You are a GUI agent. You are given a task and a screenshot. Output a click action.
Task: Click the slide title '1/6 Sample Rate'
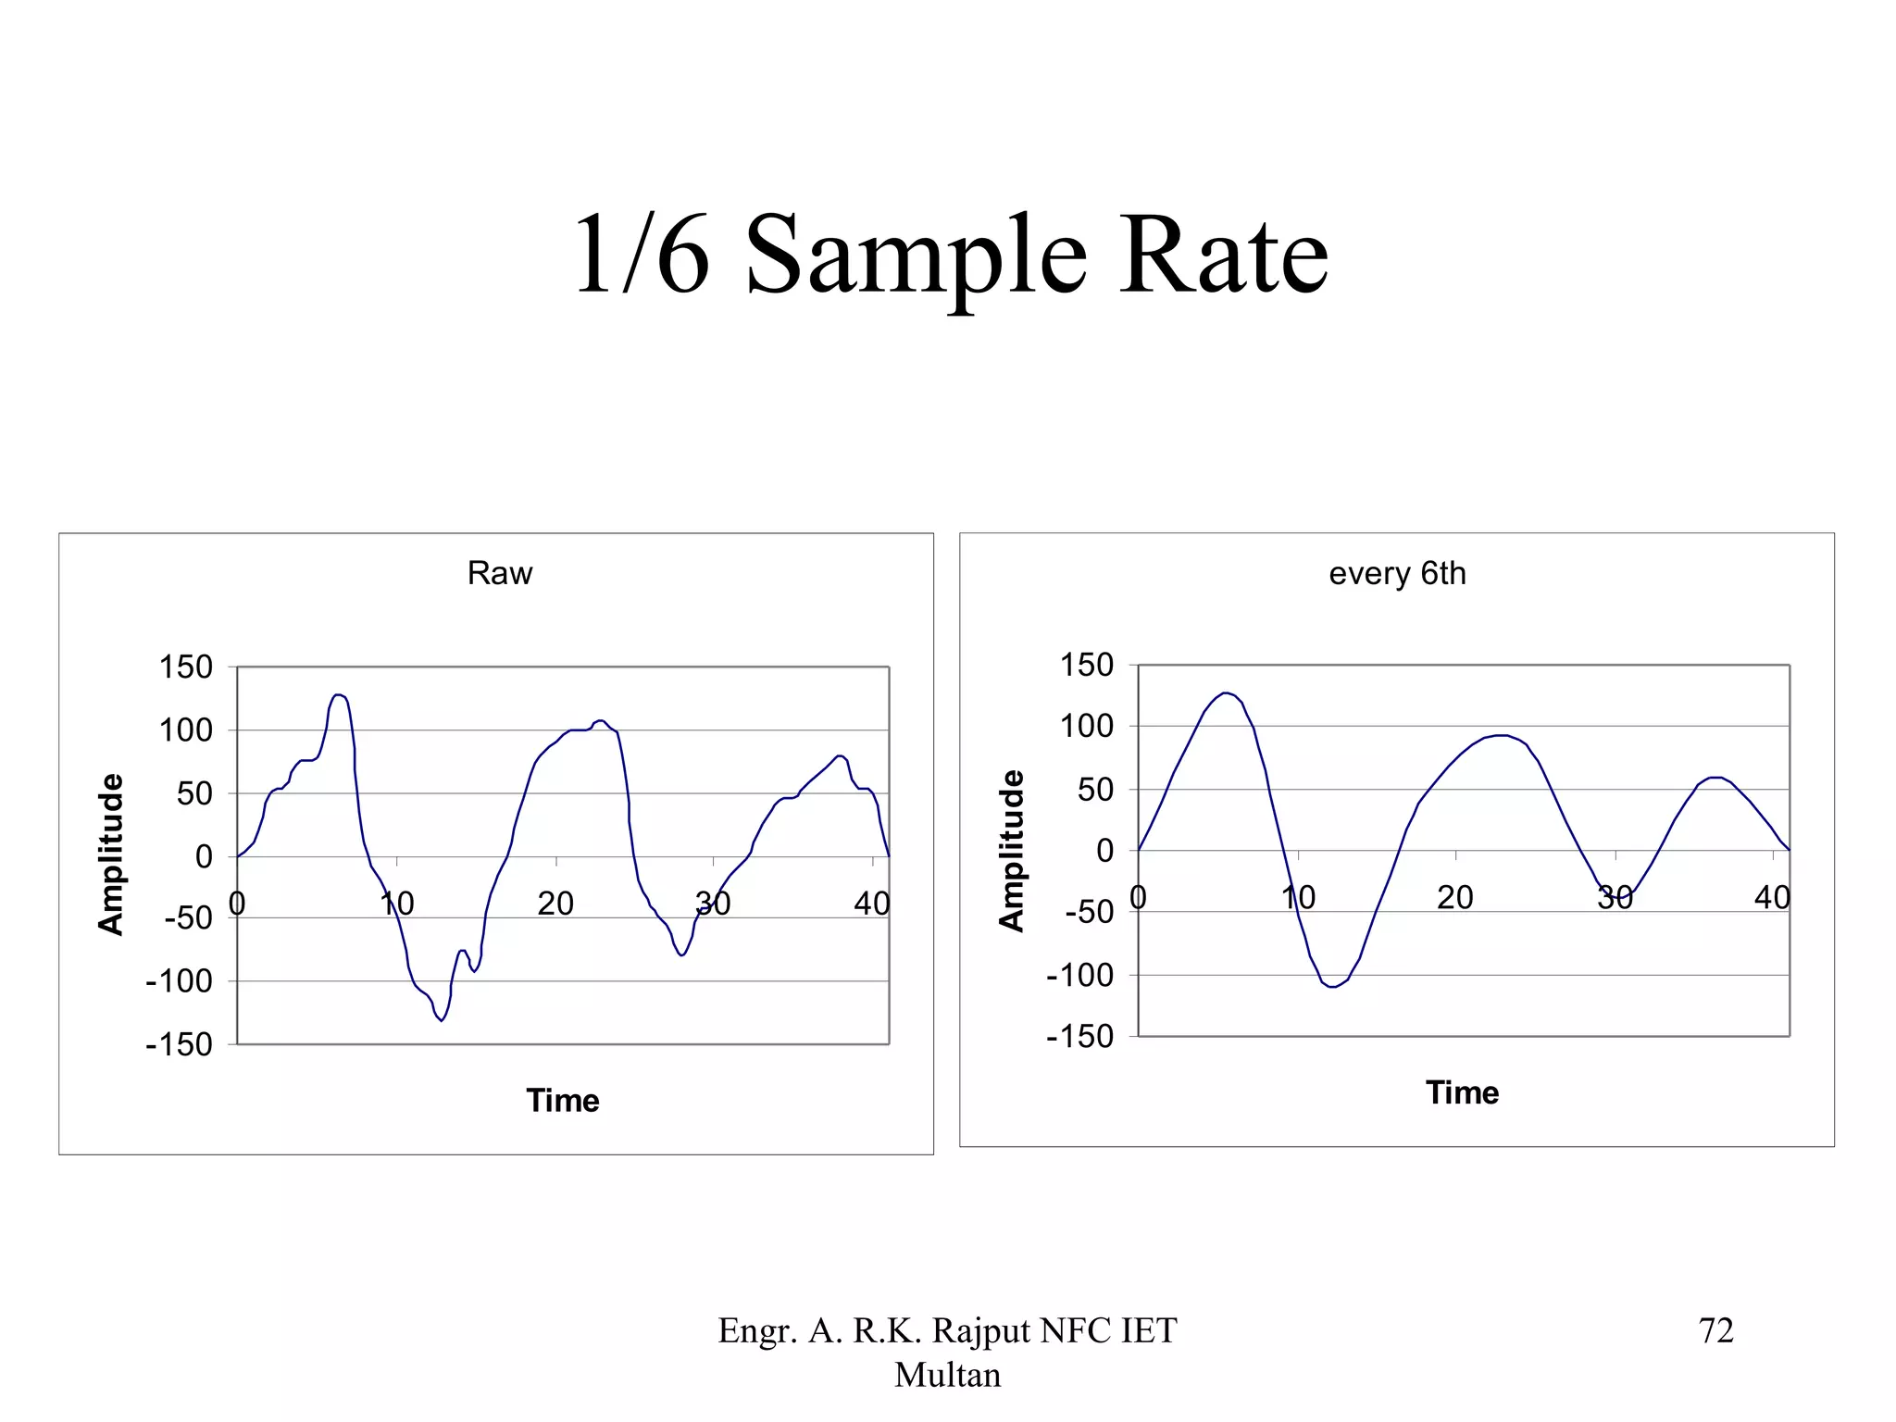[x=951, y=255]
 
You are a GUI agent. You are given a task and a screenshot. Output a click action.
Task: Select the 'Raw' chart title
[x=500, y=573]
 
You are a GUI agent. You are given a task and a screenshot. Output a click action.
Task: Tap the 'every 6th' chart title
[x=1397, y=573]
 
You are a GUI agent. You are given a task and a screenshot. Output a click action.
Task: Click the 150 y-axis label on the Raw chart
[x=185, y=667]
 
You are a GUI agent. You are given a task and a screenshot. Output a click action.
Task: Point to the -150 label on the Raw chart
[x=180, y=1044]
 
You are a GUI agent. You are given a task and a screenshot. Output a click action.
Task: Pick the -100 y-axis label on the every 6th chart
[x=1080, y=975]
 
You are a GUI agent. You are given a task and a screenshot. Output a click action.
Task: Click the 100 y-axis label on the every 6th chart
[x=1086, y=727]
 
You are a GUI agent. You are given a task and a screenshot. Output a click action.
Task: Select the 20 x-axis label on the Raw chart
[x=555, y=903]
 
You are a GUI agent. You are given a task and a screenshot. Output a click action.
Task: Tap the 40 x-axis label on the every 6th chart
[x=1772, y=897]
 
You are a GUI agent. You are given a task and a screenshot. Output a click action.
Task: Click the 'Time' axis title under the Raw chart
[x=563, y=1100]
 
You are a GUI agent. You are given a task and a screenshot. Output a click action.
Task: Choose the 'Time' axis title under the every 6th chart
[x=1463, y=1092]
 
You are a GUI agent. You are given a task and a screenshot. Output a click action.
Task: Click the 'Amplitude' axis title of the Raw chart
[x=111, y=854]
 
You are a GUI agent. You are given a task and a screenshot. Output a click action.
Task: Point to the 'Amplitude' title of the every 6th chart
[x=1012, y=851]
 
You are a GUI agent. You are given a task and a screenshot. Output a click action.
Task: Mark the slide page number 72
[x=1715, y=1330]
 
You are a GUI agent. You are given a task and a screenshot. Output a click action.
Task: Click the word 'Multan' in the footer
[x=948, y=1375]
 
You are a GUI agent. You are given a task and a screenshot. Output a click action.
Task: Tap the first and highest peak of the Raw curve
[x=339, y=694]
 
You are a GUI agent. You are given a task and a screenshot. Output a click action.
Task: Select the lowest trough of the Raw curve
[x=442, y=1020]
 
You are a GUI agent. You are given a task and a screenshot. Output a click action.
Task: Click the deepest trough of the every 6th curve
[x=1333, y=987]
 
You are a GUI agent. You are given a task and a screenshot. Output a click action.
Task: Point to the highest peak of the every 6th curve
[x=1226, y=692]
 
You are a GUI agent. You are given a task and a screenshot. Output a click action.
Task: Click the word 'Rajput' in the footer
[x=981, y=1330]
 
